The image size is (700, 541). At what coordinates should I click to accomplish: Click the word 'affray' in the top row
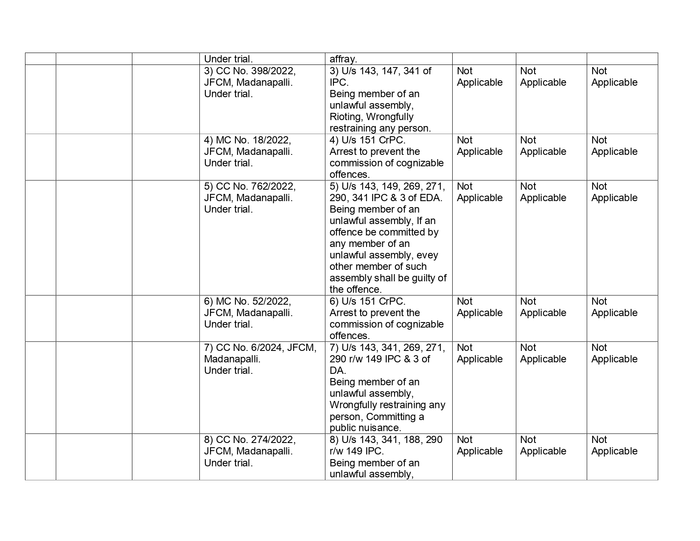[x=343, y=59]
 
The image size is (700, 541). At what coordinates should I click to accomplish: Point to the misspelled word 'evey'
[x=428, y=255]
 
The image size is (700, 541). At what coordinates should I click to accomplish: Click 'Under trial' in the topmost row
[x=228, y=59]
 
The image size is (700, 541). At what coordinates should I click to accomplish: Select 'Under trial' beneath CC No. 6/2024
[x=228, y=370]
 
